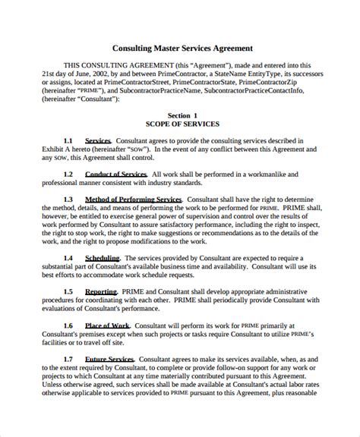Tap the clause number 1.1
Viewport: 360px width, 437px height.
click(x=68, y=141)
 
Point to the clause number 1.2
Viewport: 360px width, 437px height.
click(x=68, y=174)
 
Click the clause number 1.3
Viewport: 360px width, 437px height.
click(x=68, y=200)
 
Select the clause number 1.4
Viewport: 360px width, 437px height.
click(x=68, y=258)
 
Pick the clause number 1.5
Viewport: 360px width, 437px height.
click(x=68, y=291)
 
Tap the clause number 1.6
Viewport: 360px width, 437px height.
click(x=68, y=325)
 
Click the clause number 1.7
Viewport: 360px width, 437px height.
click(x=68, y=359)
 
